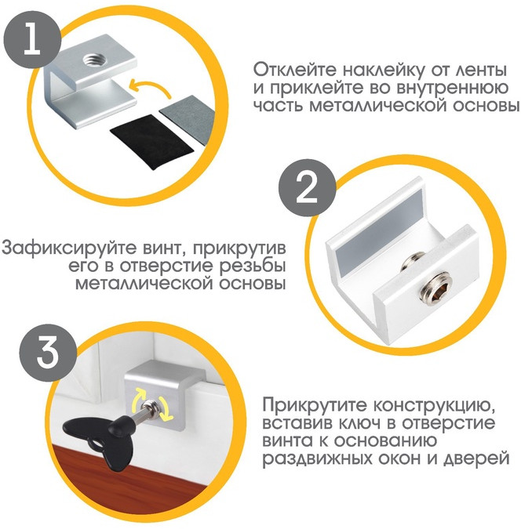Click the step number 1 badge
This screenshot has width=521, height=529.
(32, 41)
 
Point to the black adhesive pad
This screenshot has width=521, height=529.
(151, 141)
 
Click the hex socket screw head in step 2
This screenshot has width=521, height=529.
(436, 284)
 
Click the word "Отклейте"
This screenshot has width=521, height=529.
(296, 71)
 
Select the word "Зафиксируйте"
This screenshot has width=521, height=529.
(60, 248)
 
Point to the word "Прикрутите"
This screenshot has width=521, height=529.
(315, 405)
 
